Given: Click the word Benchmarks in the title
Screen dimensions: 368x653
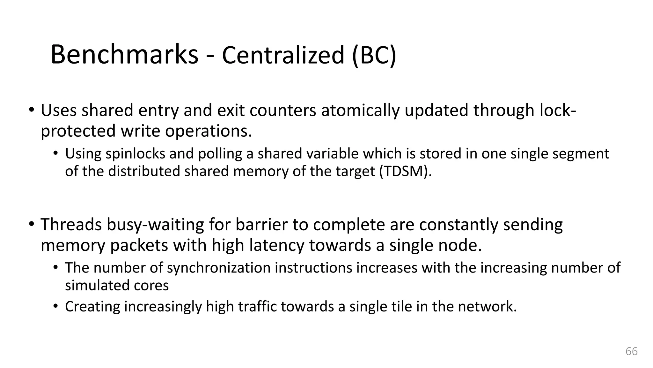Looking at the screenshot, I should pos(124,55).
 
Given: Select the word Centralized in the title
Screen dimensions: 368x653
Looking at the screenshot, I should pos(283,55).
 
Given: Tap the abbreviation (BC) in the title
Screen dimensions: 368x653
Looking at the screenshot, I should pos(374,55).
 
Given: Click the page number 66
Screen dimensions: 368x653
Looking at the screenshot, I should pos(631,351).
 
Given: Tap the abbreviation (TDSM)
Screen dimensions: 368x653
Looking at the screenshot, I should pos(405,171).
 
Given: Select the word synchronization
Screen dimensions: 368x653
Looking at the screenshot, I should pos(219,268).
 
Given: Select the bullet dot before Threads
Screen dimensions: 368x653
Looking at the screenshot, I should pos(31,224).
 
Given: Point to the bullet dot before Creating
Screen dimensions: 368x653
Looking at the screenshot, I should pos(56,306).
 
